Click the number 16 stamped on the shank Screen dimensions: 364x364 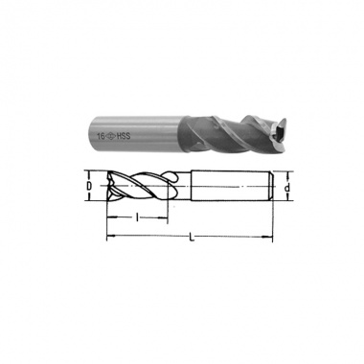coord(101,136)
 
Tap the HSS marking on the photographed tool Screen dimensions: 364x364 coord(124,136)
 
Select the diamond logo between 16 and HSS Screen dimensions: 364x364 coord(111,137)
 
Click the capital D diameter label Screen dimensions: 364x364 coord(89,186)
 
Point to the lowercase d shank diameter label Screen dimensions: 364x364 coord(287,188)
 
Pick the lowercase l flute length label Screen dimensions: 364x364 coord(137,217)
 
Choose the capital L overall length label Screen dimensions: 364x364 coord(192,238)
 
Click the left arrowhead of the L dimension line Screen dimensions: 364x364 coord(110,237)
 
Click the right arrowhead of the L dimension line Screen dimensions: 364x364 coord(268,237)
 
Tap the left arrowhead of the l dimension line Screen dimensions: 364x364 coord(111,217)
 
